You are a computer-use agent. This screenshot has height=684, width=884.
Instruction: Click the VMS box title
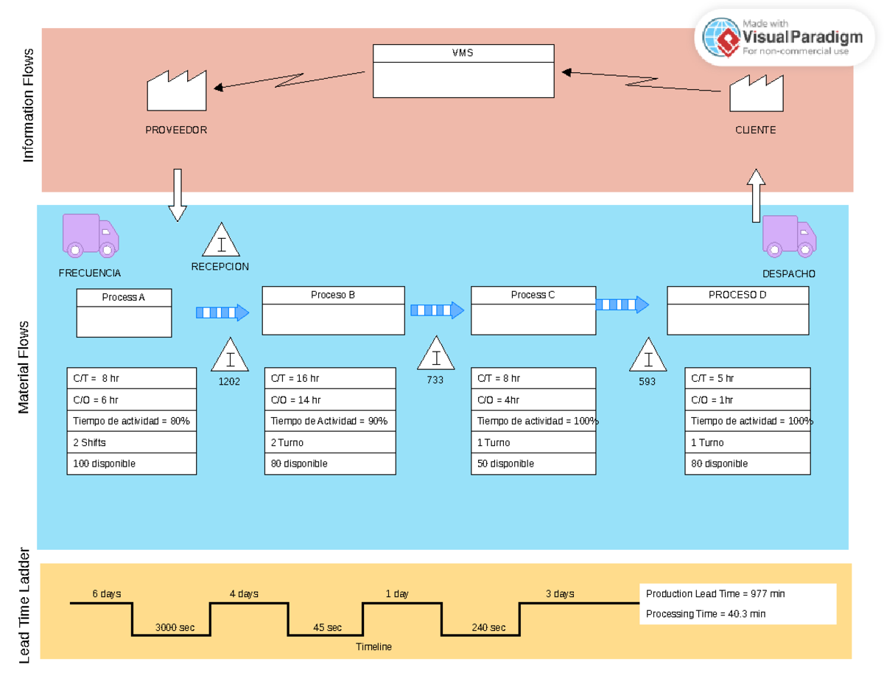[463, 53]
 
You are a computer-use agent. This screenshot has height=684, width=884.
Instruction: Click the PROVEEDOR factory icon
[176, 91]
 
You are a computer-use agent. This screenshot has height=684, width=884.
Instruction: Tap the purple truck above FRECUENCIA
[90, 235]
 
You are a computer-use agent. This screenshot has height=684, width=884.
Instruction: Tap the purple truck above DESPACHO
[789, 236]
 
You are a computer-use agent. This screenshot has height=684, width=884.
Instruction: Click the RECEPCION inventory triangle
[220, 242]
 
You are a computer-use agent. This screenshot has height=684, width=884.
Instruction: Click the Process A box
[124, 313]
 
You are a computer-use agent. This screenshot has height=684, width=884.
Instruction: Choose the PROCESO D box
[737, 310]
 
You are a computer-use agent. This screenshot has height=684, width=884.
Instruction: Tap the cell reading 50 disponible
[533, 464]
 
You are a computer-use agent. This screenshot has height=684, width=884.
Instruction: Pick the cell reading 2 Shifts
[131, 442]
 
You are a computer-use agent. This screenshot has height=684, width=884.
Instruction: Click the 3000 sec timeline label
[175, 627]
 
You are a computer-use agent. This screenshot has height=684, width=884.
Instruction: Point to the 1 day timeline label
[396, 593]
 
